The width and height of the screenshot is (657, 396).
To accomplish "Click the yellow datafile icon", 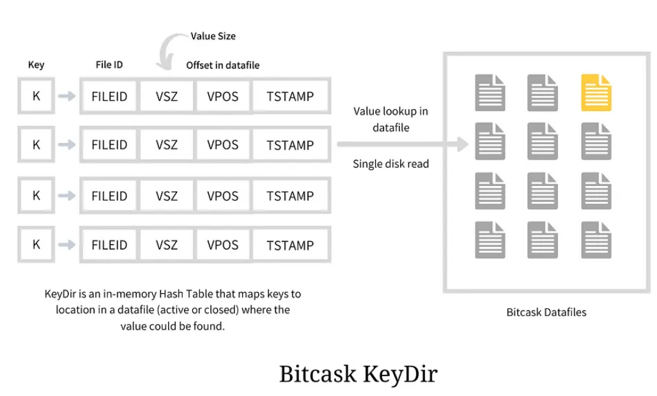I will coord(596,93).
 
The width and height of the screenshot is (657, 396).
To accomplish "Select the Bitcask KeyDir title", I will coord(358,374).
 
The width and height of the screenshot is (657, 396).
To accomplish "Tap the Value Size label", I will coord(213,36).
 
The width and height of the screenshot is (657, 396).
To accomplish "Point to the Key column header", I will coord(36,65).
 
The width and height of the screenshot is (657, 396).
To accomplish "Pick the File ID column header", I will coord(109,65).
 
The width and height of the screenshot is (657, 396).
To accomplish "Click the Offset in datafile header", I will coord(223,65).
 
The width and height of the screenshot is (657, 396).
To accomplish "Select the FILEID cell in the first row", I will coord(109,96).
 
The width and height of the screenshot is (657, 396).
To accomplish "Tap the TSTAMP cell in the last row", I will coord(290,245).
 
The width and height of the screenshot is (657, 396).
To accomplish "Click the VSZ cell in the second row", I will coord(166,146).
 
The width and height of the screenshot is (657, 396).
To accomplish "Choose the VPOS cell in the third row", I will coord(222,195).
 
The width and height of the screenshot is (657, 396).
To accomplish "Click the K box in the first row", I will coord(36,96).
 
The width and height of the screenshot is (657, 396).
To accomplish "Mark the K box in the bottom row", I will coord(36,244).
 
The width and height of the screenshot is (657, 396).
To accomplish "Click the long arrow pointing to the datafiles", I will coord(403,144).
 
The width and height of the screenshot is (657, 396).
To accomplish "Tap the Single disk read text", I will coord(390,164).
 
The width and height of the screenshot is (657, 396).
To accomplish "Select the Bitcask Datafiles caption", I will coord(546,312).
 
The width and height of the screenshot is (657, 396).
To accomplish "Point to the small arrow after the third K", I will coord(66,195).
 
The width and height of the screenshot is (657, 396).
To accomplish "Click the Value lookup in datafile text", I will coord(390,119).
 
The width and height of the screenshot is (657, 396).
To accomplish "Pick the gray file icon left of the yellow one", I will coord(543,93).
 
